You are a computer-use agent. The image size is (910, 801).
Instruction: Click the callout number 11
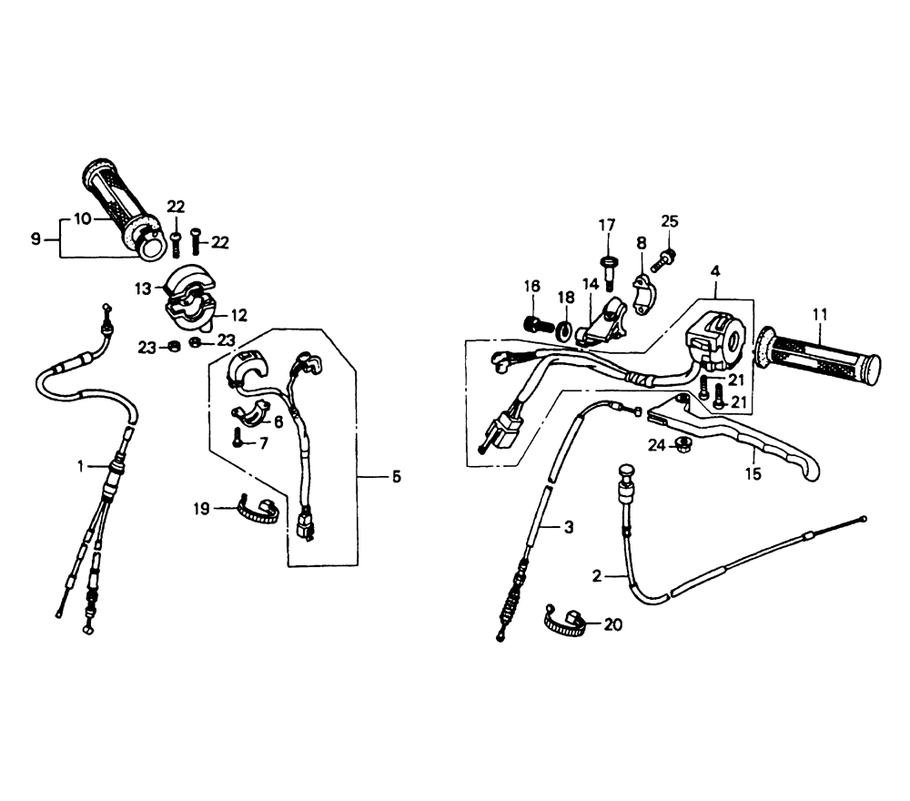pyautogui.click(x=820, y=315)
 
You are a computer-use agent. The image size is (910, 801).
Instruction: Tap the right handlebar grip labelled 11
pyautogui.click(x=818, y=355)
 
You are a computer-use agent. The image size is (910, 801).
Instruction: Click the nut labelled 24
pyautogui.click(x=684, y=444)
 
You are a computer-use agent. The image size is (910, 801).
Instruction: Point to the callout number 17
pyautogui.click(x=607, y=225)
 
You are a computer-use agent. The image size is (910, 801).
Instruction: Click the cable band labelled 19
pyautogui.click(x=258, y=510)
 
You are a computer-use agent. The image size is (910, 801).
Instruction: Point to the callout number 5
pyautogui.click(x=397, y=477)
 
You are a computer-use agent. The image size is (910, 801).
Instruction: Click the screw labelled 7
pyautogui.click(x=238, y=438)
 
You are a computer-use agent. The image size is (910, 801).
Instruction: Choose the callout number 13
pyautogui.click(x=143, y=289)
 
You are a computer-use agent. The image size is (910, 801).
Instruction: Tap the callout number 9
pyautogui.click(x=36, y=238)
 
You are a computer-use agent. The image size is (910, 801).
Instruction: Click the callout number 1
pyautogui.click(x=81, y=465)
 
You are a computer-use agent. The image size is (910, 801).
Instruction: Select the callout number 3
pyautogui.click(x=569, y=527)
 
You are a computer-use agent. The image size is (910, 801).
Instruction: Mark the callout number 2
pyautogui.click(x=597, y=576)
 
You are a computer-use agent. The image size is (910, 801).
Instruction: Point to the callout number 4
pyautogui.click(x=715, y=271)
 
